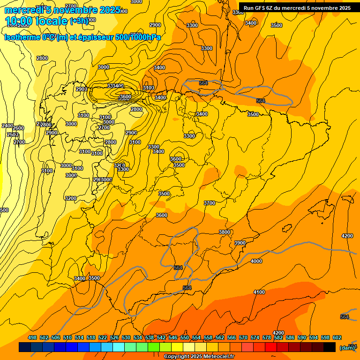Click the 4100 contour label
pos(259,292)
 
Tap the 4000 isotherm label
pos(256,261)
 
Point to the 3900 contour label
pos(240,243)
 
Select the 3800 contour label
pos(225,232)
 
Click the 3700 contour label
pos(210,203)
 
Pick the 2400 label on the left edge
pos(7,126)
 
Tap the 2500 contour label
pos(13,135)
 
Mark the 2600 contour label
pos(18,128)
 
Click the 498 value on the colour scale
pos(32,337)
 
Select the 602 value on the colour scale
pos(337,337)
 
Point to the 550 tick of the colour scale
pos(185,337)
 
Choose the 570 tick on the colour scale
pos(243,337)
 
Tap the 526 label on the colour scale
pos(114,337)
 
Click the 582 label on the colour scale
pos(278,337)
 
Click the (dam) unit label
pos(347,347)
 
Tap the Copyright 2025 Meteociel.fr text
pos(199,357)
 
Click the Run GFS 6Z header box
pos(297,8)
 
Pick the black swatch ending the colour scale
pos(330,347)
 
